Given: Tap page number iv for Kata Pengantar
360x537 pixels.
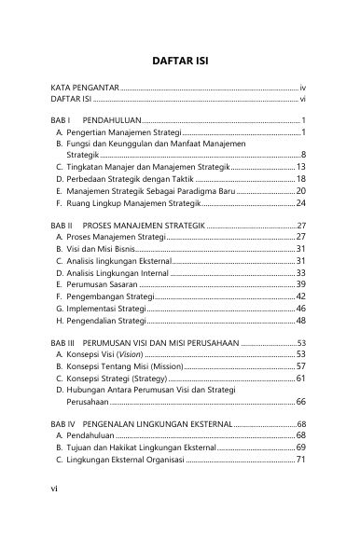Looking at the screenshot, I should pos(303,86).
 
